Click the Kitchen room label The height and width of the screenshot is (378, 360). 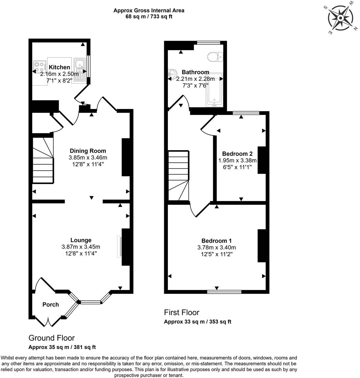point(59,67)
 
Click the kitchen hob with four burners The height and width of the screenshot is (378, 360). point(40,67)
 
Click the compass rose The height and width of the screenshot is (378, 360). point(341,17)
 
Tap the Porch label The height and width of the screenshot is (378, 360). point(51,304)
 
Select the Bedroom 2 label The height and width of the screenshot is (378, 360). point(237,154)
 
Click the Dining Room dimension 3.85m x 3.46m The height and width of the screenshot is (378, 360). point(88,157)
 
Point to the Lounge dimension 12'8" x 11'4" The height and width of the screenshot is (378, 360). point(81,253)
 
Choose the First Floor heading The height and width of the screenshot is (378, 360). point(181,312)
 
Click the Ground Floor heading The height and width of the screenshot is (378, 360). point(52,338)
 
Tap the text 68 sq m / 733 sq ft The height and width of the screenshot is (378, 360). point(149,17)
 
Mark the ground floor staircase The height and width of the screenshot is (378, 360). point(43,160)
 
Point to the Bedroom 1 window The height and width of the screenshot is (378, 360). point(224,291)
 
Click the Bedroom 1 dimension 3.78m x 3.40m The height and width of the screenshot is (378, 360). point(216,247)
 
